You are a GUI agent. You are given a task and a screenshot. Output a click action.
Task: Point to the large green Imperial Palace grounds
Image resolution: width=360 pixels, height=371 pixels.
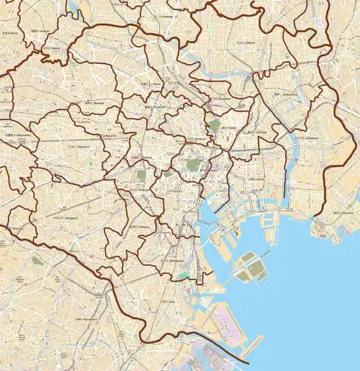click(193, 164)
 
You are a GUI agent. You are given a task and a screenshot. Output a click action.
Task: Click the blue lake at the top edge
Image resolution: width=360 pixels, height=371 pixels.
click(75, 7)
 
